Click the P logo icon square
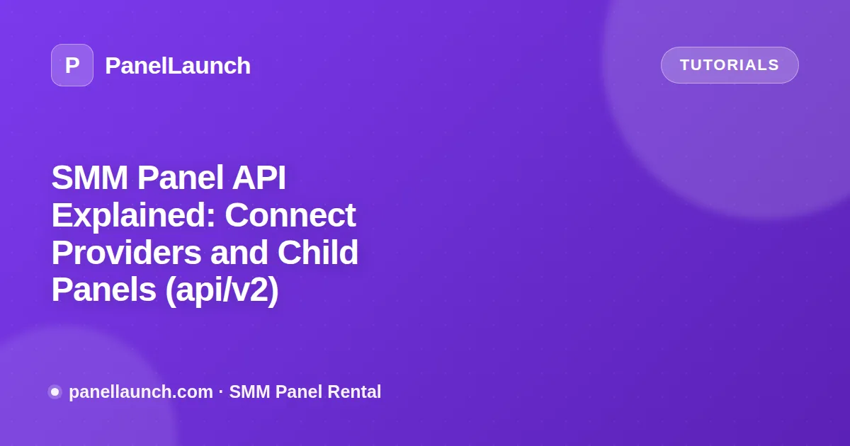pos(72,65)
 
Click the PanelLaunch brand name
pos(178,66)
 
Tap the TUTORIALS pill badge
pos(730,65)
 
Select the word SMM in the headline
pos(89,178)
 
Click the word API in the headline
pos(259,178)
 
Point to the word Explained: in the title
pos(134,215)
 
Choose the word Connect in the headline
pos(290,215)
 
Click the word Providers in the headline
pos(126,253)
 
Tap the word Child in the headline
pos(317,252)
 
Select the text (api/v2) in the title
pos(222,290)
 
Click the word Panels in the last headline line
pos(103,290)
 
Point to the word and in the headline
pos(239,253)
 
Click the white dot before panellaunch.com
pos(55,391)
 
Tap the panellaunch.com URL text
pos(141,391)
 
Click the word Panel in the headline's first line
pos(180,178)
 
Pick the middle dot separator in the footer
pos(221,391)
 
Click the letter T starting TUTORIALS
pos(686,65)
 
